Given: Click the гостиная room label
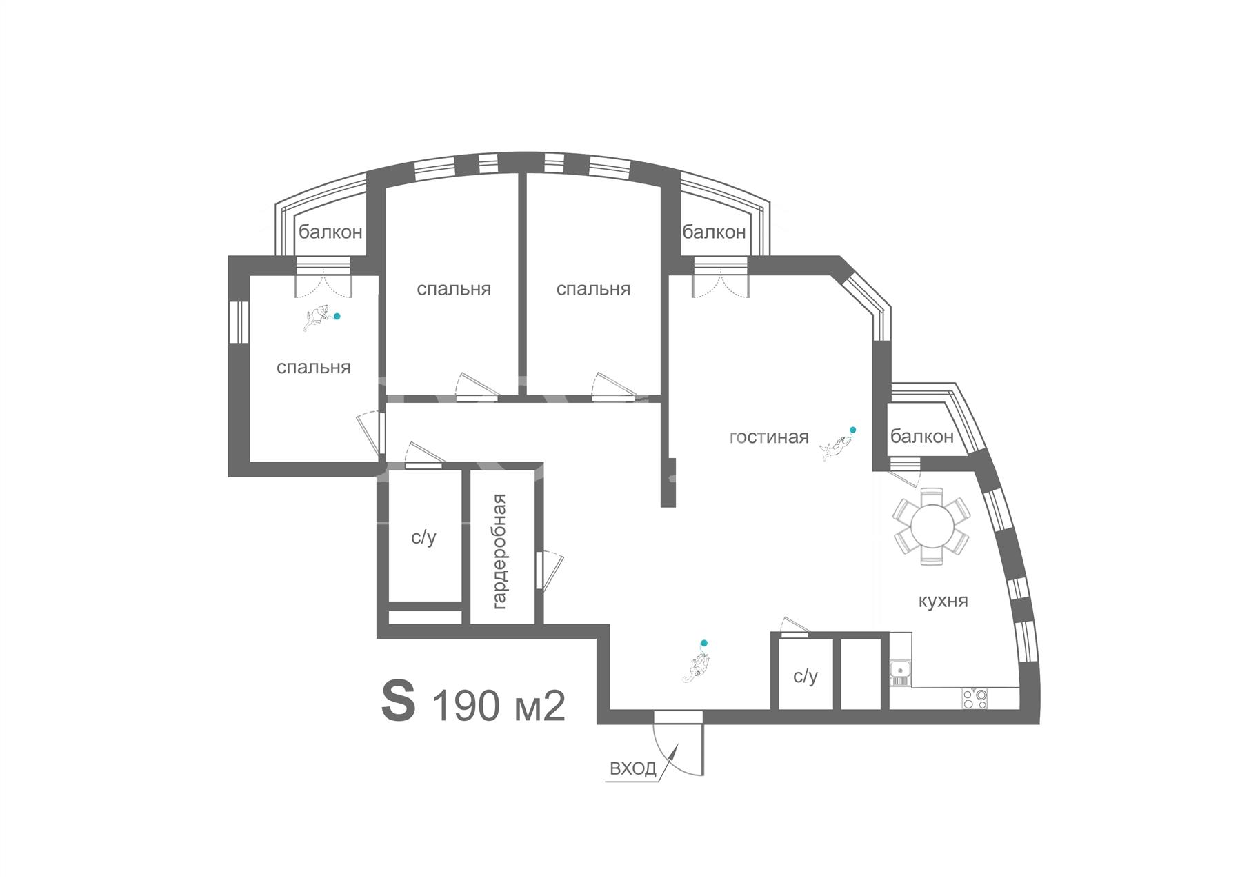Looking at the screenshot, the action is pyautogui.click(x=769, y=437).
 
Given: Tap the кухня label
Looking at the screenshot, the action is pyautogui.click(x=943, y=601).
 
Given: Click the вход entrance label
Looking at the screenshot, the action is pyautogui.click(x=633, y=768).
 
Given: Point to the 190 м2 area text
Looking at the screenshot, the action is pyautogui.click(x=499, y=706).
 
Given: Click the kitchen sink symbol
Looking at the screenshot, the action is pyautogui.click(x=899, y=671).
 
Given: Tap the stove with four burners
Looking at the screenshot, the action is pyautogui.click(x=975, y=699).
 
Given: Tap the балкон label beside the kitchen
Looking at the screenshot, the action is pyautogui.click(x=921, y=436).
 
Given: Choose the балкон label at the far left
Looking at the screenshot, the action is pyautogui.click(x=330, y=232).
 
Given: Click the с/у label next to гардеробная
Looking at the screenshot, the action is pyautogui.click(x=423, y=537).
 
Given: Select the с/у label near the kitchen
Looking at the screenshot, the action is pyautogui.click(x=805, y=676).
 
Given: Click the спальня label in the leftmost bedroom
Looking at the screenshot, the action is pyautogui.click(x=314, y=367).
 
